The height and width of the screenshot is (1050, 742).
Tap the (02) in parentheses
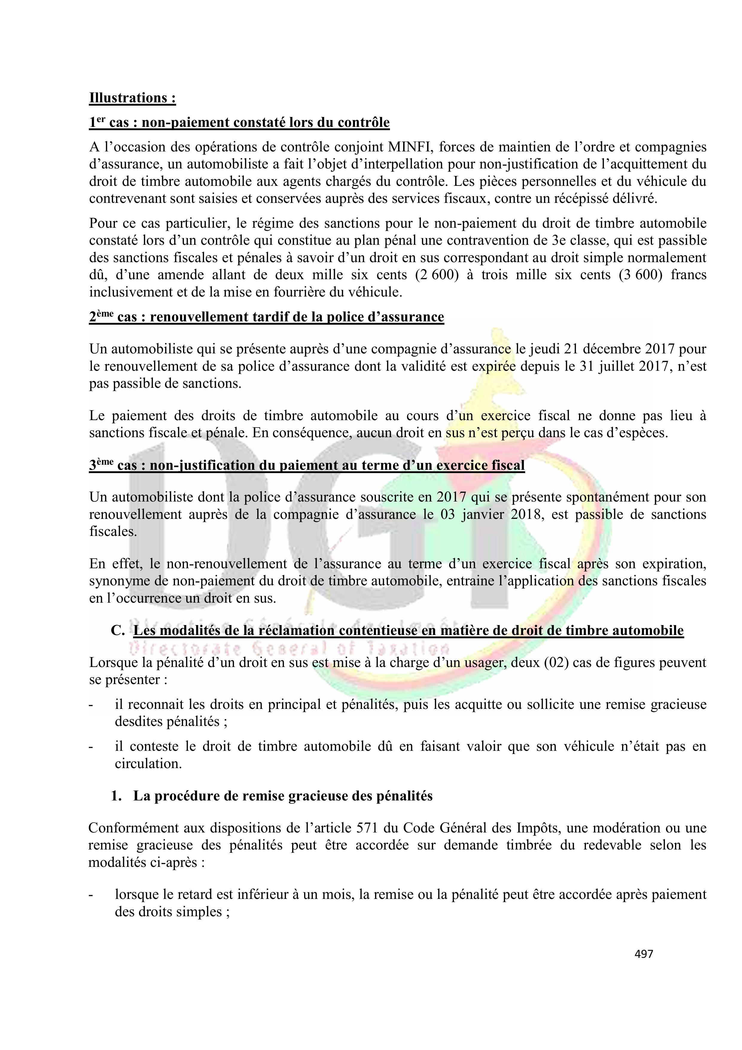[555, 663]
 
